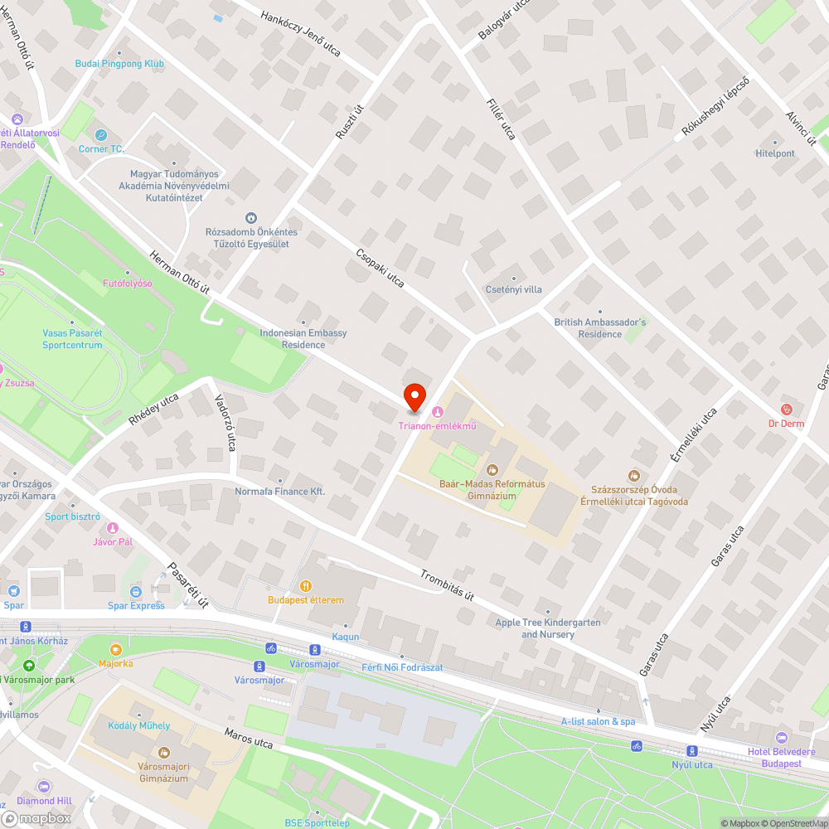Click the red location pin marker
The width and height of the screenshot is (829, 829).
tap(414, 397)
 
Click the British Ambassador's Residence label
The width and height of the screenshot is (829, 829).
tap(600, 328)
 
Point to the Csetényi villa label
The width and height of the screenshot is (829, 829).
tap(513, 289)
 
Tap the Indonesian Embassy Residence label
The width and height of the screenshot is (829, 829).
tap(303, 338)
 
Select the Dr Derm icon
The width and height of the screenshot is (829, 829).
tap(787, 410)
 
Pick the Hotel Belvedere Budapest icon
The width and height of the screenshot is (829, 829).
tap(781, 738)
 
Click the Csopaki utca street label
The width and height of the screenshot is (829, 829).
tap(380, 269)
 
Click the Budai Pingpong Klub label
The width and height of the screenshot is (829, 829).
tap(119, 64)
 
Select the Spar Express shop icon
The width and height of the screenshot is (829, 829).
tap(136, 592)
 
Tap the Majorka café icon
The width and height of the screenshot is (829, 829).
tap(115, 649)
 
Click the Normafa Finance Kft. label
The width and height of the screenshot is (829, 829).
tap(280, 491)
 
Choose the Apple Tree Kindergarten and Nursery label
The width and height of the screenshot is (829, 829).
tap(547, 628)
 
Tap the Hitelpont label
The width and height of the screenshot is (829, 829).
tap(775, 153)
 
